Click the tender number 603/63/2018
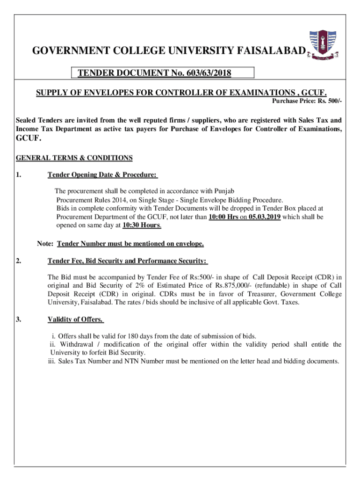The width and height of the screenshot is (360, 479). pyautogui.click(x=209, y=73)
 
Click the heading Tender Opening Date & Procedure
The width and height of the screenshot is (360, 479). pyautogui.click(x=102, y=175)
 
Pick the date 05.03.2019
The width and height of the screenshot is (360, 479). pyautogui.click(x=265, y=217)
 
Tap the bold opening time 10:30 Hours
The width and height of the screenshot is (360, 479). pyautogui.click(x=142, y=225)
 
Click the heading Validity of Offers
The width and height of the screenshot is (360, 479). pyautogui.click(x=75, y=319)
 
